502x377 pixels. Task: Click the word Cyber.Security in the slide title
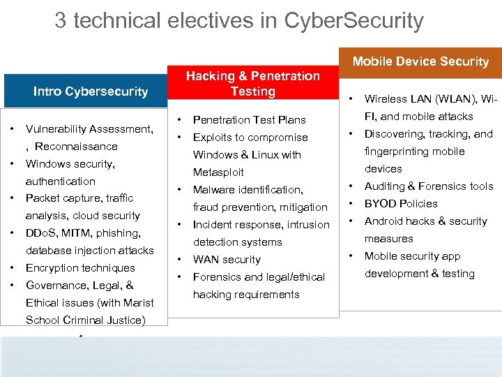coord(353,21)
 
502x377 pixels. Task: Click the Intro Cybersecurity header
coord(91,91)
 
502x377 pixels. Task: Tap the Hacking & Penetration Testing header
coord(252,84)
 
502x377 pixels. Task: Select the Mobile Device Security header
coord(420,61)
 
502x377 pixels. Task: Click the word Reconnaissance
coord(76,147)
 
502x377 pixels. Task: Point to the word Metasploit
coord(218,172)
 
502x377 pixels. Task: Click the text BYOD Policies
coord(401,204)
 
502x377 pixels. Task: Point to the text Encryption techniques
coord(80,268)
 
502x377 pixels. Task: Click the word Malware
coord(213,190)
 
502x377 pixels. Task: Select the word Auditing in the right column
coord(385,186)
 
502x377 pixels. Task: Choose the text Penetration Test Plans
coord(249,120)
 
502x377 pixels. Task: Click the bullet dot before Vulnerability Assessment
coord(13,129)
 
